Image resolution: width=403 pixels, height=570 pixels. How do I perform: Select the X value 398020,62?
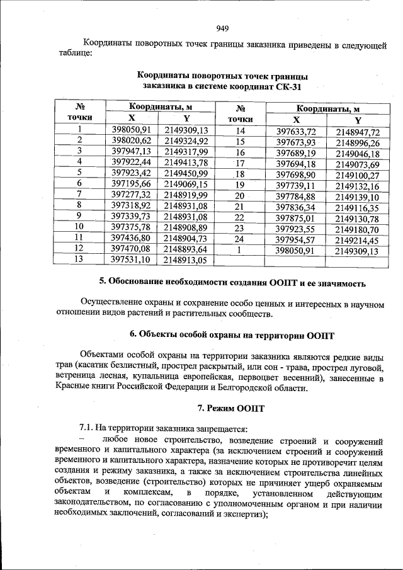131,140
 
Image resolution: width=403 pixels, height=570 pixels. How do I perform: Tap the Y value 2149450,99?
186,173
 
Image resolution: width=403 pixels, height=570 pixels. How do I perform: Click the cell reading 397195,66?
131,183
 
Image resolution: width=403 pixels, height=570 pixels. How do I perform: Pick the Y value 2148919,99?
186,194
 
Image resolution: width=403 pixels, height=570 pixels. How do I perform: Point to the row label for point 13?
79,259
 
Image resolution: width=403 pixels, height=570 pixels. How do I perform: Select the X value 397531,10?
131,259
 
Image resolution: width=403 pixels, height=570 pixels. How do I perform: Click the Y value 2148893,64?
186,248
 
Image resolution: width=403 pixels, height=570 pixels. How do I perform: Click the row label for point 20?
239,197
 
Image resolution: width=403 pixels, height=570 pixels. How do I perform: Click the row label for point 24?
239,240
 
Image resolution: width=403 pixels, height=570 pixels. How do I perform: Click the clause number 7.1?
86,428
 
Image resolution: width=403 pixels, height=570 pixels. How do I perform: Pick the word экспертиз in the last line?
247,513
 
